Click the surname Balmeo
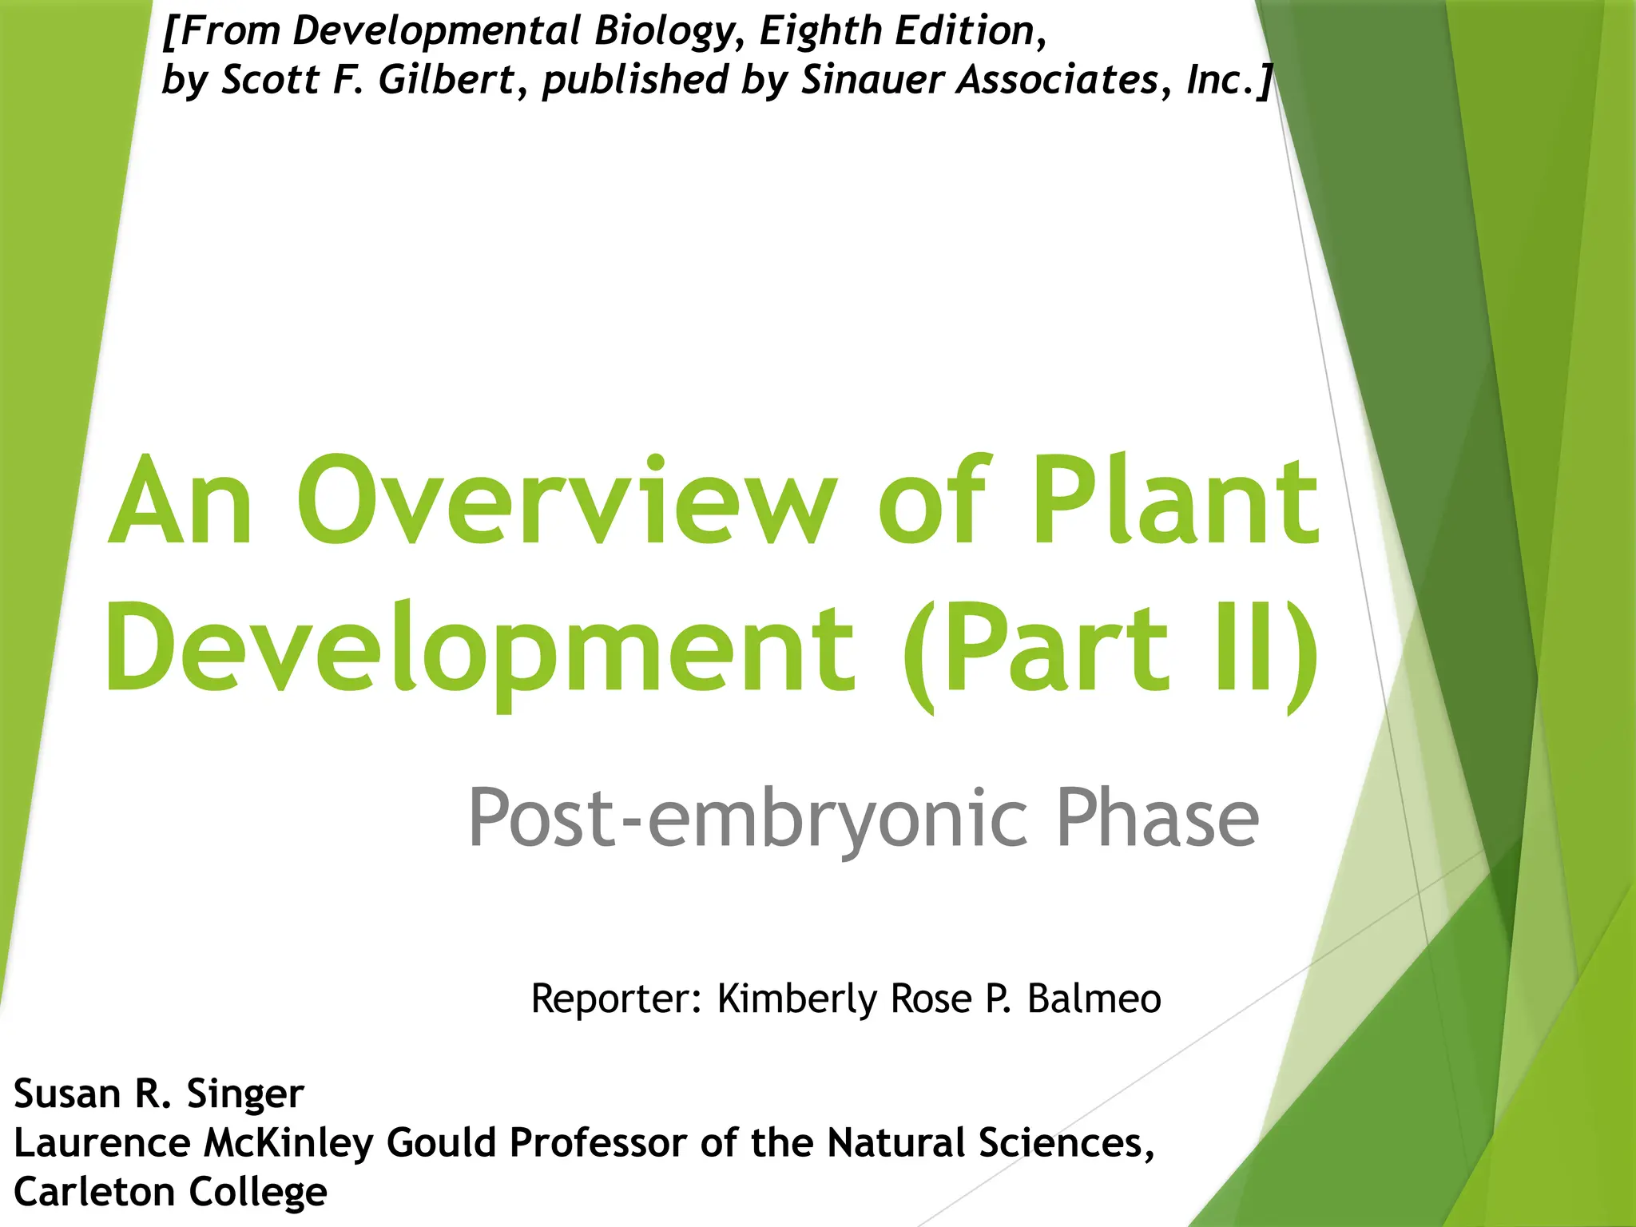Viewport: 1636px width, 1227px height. [1094, 999]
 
